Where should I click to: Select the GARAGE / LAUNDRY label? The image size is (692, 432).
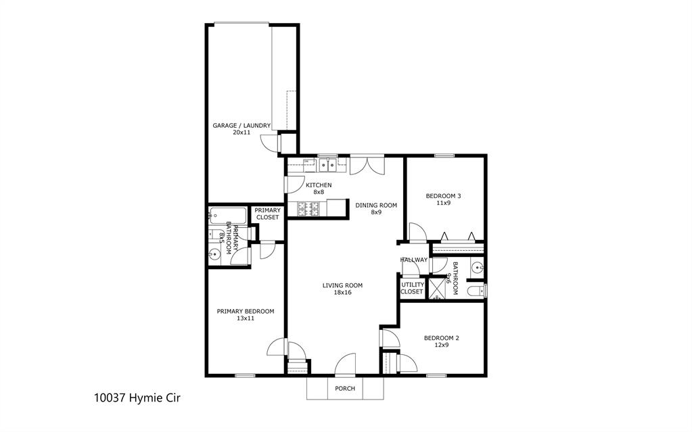(x=241, y=125)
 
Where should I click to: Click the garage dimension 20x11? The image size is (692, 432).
(x=241, y=133)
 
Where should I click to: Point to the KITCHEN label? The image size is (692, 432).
(x=319, y=185)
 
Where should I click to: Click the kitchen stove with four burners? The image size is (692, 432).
(x=308, y=210)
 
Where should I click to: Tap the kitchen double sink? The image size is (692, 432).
(x=329, y=164)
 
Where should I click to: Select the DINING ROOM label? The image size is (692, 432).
(x=376, y=205)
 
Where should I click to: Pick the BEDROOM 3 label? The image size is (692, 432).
(x=443, y=196)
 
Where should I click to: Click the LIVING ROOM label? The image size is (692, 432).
(x=342, y=285)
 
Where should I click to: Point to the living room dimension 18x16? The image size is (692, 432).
(x=342, y=293)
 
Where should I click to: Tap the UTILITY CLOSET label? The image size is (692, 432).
(x=412, y=288)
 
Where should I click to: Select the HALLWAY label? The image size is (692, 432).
(x=413, y=260)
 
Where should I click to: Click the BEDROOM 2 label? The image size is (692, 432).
(x=441, y=337)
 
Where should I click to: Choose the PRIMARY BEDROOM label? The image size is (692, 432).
(x=245, y=311)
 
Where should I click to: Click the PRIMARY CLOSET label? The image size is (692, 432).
(x=267, y=214)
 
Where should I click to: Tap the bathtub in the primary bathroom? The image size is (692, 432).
(x=228, y=215)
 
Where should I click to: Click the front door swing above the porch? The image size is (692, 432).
(x=345, y=364)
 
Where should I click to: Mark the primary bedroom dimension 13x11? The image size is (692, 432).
(x=245, y=318)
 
